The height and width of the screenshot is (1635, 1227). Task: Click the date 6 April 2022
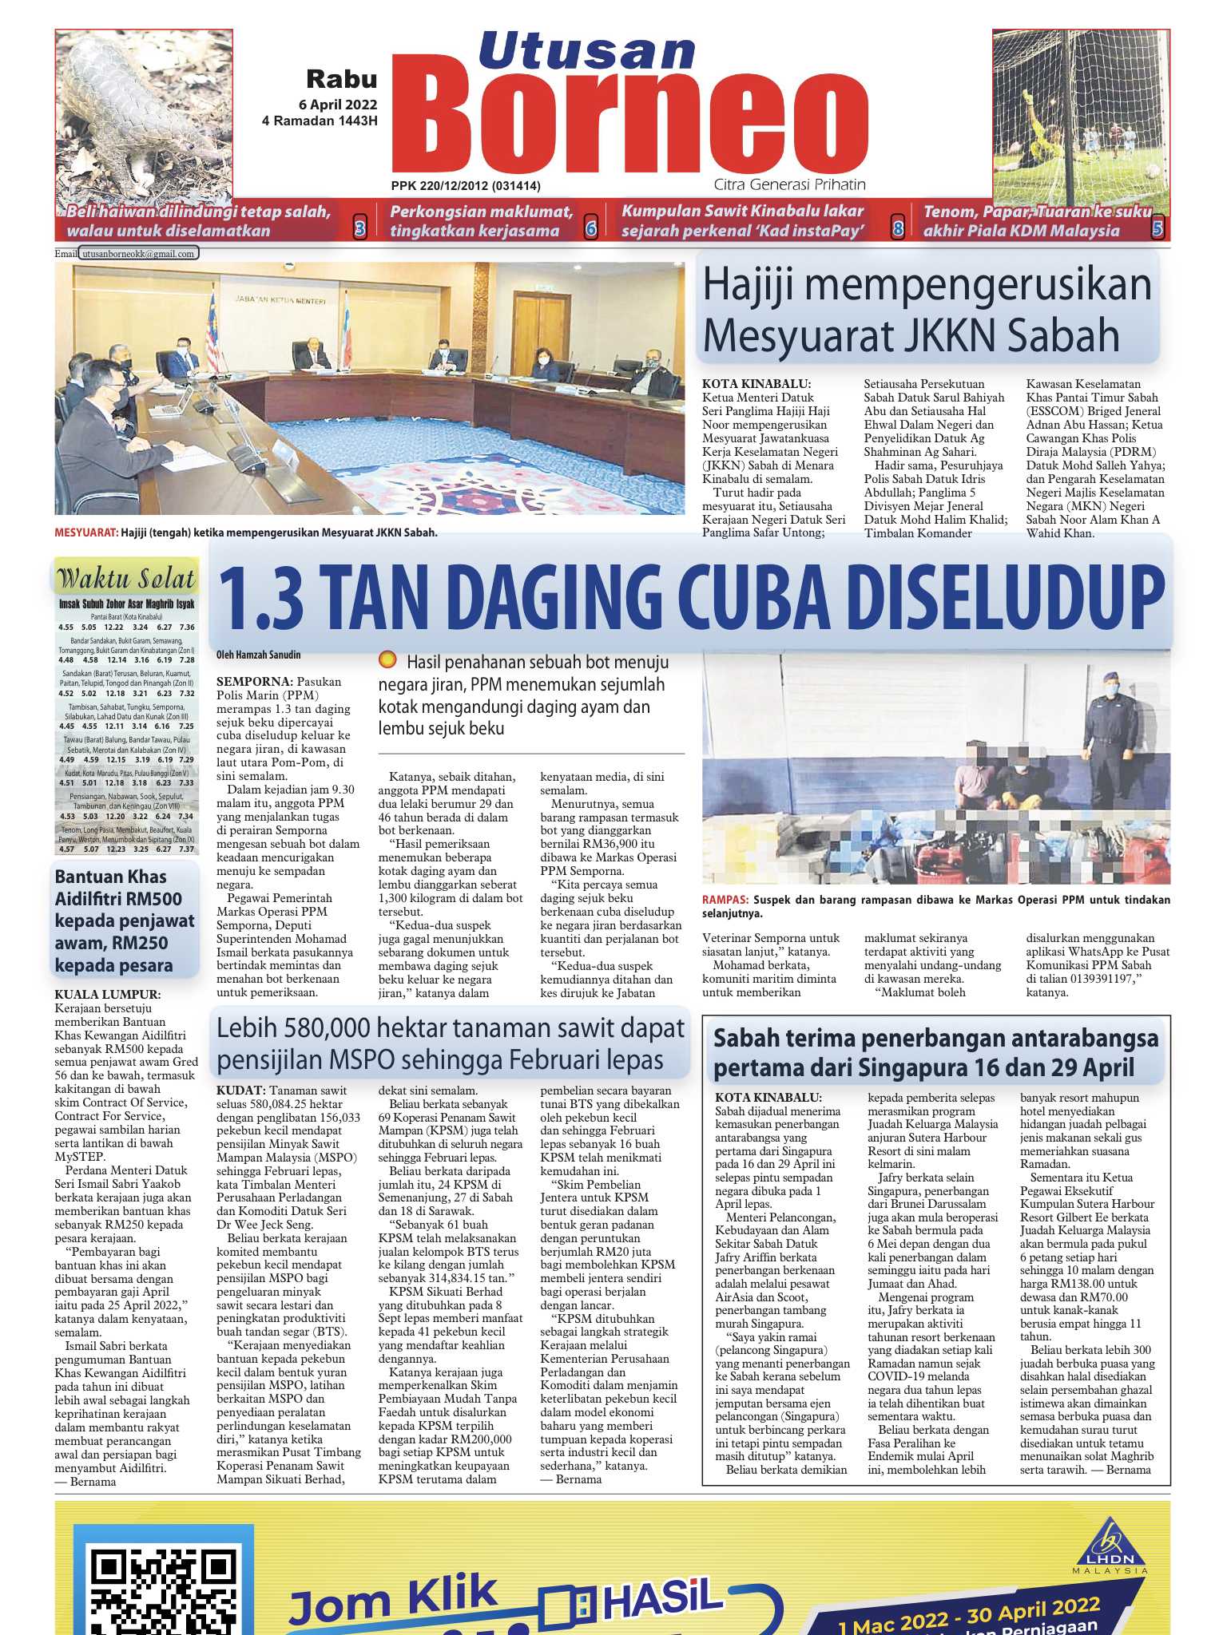(338, 105)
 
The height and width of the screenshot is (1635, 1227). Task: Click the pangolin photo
(144, 112)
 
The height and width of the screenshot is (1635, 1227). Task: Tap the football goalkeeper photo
(1080, 112)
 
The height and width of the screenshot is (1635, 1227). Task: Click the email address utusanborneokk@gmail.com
(139, 254)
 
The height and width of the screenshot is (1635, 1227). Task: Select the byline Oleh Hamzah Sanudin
(258, 655)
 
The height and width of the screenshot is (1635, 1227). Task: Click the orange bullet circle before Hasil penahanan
(387, 660)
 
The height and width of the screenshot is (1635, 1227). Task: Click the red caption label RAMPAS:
(725, 900)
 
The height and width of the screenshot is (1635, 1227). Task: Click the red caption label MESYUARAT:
(85, 532)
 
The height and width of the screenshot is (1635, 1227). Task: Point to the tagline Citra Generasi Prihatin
(789, 185)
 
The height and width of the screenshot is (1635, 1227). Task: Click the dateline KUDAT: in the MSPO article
(240, 1091)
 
